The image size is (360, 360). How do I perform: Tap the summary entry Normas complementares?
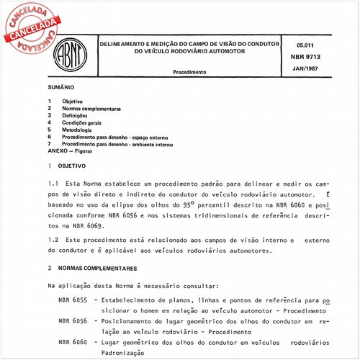pos(91,109)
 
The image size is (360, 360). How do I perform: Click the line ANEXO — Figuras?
pos(76,151)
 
